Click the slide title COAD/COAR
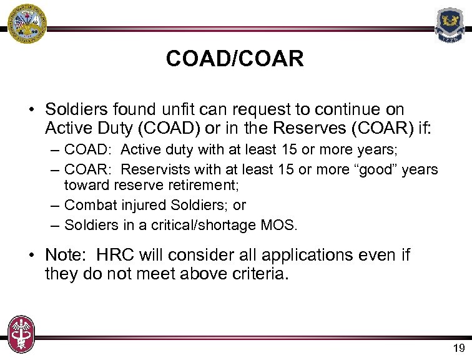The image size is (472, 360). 235,59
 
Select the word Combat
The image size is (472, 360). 87,205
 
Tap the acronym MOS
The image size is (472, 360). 280,225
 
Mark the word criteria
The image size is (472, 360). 257,275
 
